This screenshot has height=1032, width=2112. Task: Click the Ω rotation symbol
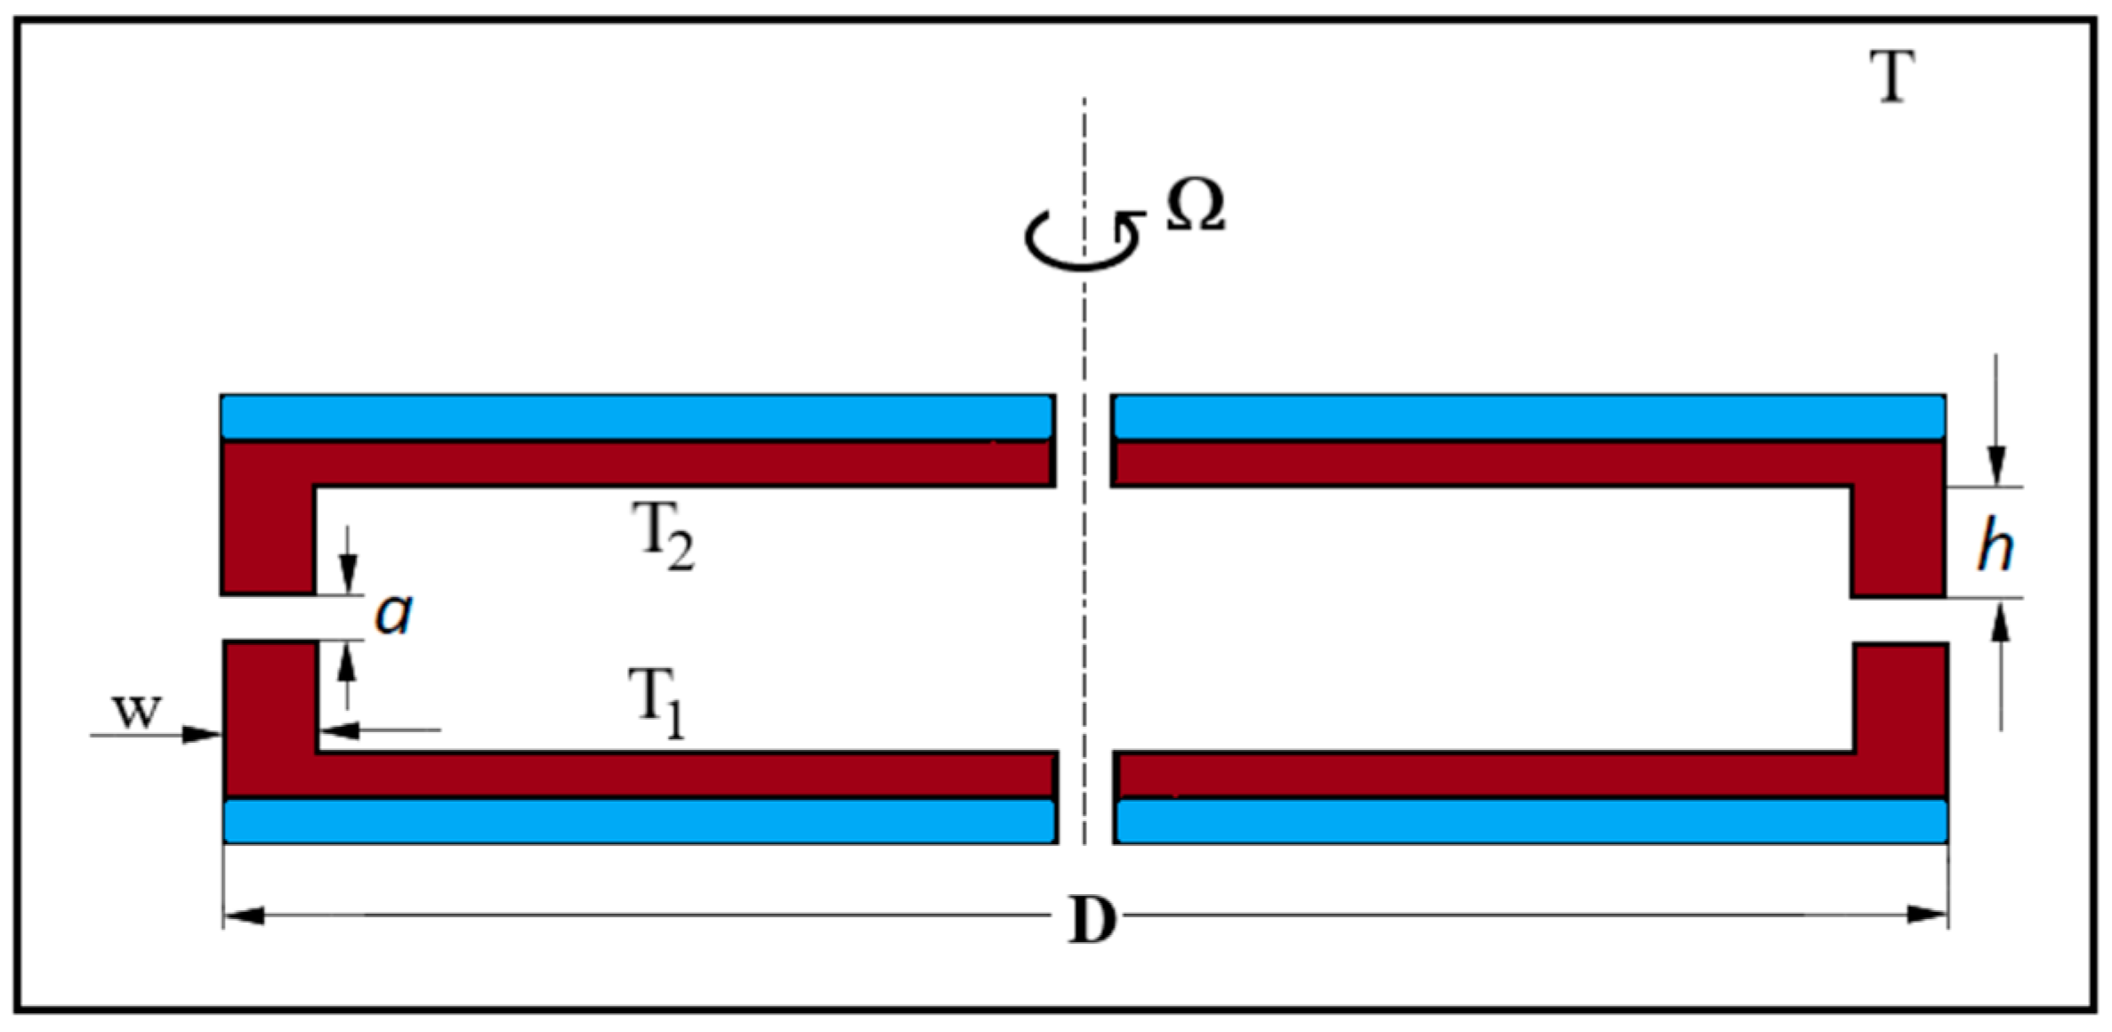pyautogui.click(x=1196, y=206)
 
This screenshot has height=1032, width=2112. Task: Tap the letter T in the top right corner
pyautogui.click(x=1891, y=77)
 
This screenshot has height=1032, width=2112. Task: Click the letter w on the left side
pyautogui.click(x=137, y=710)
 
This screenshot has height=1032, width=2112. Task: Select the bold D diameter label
pyautogui.click(x=1092, y=920)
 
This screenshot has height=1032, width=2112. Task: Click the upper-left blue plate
pyautogui.click(x=636, y=416)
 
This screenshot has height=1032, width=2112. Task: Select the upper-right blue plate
pyautogui.click(x=1528, y=416)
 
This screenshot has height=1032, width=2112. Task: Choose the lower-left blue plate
pyautogui.click(x=639, y=821)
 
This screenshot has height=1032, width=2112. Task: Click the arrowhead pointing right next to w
pyautogui.click(x=203, y=734)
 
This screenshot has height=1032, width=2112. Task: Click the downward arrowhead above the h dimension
pyautogui.click(x=1997, y=467)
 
